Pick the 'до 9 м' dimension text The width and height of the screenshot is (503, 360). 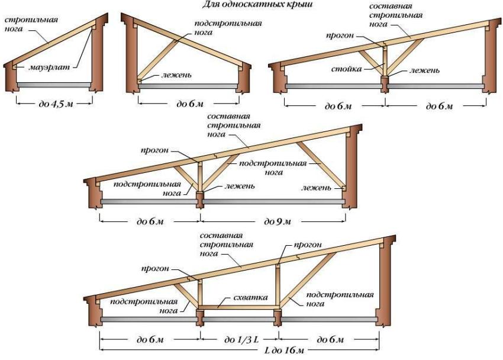(279, 221)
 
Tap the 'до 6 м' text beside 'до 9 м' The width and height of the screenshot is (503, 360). (150, 221)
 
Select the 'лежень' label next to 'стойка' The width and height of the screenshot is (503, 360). (425, 70)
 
